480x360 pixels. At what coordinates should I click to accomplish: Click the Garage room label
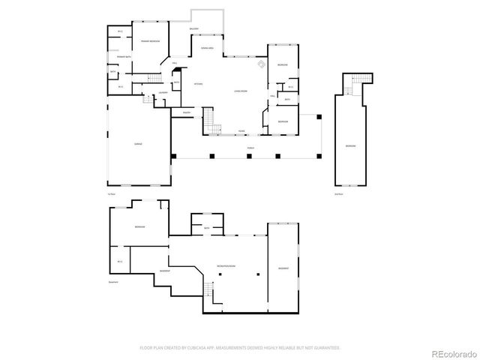(x=138, y=143)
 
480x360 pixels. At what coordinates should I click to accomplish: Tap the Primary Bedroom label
(x=150, y=40)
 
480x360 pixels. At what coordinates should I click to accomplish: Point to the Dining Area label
(x=208, y=47)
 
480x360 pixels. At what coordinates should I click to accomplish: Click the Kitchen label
(x=199, y=83)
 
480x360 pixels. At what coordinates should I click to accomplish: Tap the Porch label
(x=249, y=148)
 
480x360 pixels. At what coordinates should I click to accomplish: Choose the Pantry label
(x=185, y=113)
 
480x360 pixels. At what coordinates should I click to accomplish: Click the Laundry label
(x=162, y=94)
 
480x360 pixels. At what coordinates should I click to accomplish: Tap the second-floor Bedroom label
(x=350, y=145)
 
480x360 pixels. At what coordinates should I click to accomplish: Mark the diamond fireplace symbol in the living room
(x=261, y=65)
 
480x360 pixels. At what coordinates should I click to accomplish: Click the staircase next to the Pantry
(x=211, y=127)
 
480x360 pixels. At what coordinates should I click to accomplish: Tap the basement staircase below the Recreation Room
(x=210, y=289)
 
